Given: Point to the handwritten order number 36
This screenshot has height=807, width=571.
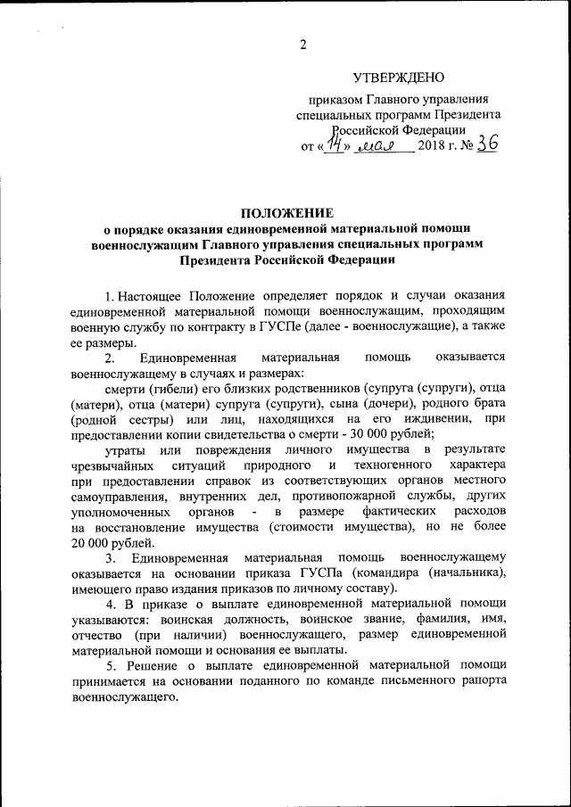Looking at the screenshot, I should coord(485,145).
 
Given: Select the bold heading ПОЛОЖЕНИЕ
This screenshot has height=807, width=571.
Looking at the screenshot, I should coord(285,213).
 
